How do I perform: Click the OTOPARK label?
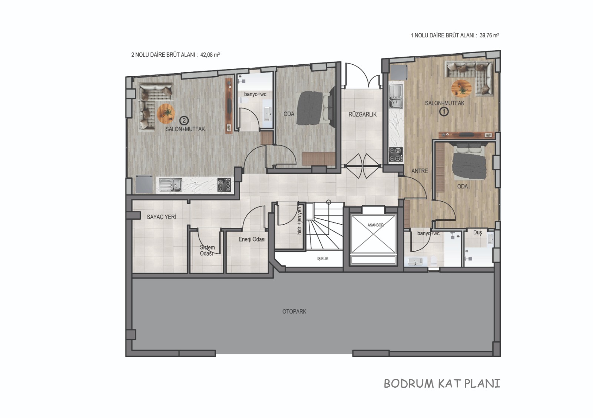click(294, 311)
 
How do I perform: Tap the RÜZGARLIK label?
click(362, 114)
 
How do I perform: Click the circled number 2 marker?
click(184, 121)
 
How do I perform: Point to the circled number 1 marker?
click(444, 111)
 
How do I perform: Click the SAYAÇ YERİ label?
click(161, 217)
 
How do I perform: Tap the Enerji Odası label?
click(252, 239)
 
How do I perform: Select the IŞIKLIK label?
click(323, 259)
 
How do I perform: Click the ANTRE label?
click(420, 171)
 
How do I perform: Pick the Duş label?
click(478, 233)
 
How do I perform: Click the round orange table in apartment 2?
click(166, 114)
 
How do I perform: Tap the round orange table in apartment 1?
click(461, 88)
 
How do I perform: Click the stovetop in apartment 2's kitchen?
click(224, 185)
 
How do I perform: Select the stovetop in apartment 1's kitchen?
click(396, 154)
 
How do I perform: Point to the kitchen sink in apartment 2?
click(170, 185)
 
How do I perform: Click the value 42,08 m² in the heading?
click(210, 55)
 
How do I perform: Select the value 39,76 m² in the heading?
click(489, 36)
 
